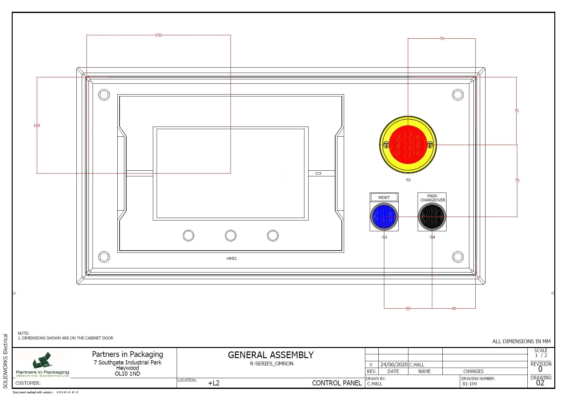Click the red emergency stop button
[x=408, y=145]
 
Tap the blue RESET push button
[x=384, y=217]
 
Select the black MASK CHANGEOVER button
[x=432, y=217]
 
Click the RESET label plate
[x=384, y=197]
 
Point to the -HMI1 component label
[x=231, y=259]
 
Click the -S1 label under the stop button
[x=408, y=180]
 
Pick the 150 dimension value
[x=158, y=35]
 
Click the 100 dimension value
[x=37, y=126]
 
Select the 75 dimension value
[x=517, y=180]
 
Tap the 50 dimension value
[x=408, y=308]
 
